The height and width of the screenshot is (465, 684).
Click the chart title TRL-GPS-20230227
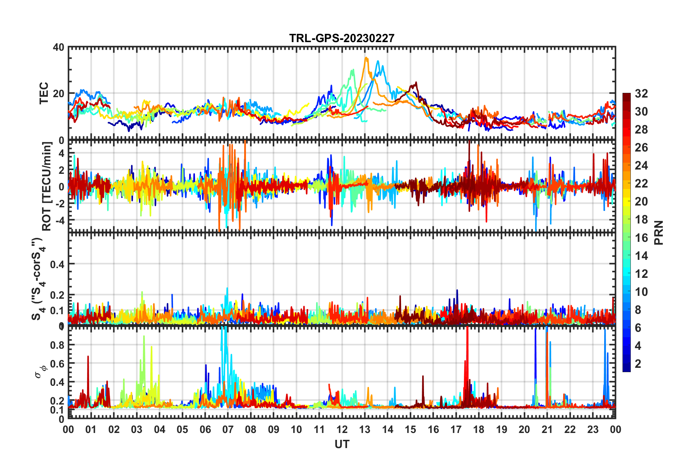[342, 38]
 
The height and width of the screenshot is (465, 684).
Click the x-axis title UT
[342, 444]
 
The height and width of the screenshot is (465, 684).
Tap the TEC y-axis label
[44, 93]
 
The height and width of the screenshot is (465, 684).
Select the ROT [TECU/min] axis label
[47, 186]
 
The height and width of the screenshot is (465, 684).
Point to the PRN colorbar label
[659, 233]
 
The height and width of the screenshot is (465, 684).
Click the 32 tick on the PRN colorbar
[641, 94]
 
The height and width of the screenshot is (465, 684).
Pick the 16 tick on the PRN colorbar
[641, 238]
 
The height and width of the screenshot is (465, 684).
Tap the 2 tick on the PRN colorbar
[638, 364]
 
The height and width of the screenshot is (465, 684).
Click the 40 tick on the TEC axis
[59, 47]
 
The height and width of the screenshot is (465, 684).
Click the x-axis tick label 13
[365, 430]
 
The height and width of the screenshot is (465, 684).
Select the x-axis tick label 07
[228, 430]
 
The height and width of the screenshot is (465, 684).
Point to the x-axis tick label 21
[547, 430]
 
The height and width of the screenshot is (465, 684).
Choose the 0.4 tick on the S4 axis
[57, 265]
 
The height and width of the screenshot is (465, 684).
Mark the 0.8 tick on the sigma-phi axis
[57, 345]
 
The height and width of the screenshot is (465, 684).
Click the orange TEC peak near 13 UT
[366, 58]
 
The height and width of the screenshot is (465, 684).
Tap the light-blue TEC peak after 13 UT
[378, 61]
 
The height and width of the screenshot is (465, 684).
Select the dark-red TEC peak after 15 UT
[416, 83]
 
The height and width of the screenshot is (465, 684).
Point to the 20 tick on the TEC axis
[59, 94]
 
